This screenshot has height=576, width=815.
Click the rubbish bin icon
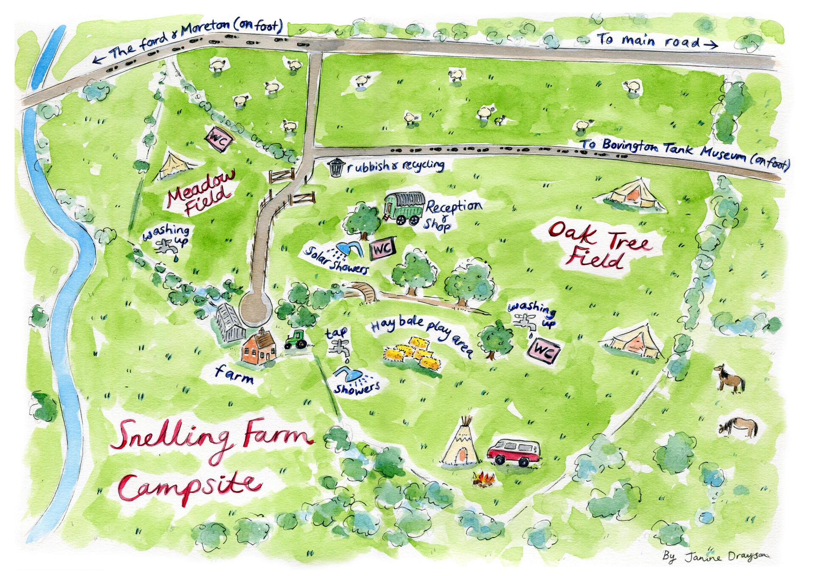(336, 166)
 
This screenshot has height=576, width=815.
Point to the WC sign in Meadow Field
(217, 139)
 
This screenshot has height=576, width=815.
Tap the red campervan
(514, 453)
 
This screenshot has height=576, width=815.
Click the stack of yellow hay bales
(412, 352)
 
